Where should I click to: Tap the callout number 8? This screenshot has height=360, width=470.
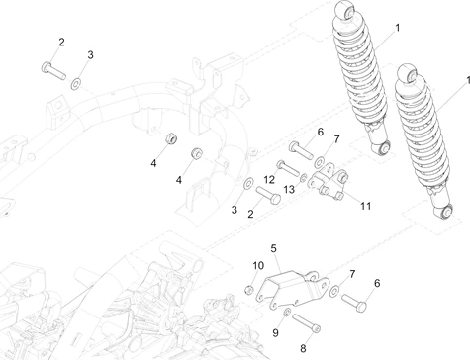coord(289,347)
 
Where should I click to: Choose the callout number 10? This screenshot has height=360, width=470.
coord(257,265)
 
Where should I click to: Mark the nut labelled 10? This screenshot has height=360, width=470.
coord(250,289)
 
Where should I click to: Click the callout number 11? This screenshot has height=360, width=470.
coord(365,206)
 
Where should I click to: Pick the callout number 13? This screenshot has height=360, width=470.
coord(289,189)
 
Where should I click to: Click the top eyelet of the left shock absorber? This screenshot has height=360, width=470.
coord(345,12)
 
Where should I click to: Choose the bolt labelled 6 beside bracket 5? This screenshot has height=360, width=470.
coord(357,294)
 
